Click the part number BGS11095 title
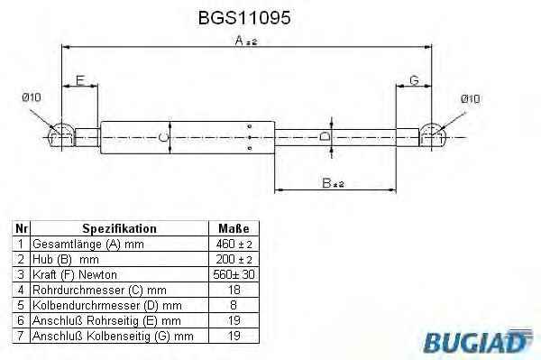(x=244, y=17)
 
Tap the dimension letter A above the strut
(x=240, y=41)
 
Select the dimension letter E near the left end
(x=80, y=80)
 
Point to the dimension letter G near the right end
(x=414, y=80)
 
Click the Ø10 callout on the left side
(x=32, y=97)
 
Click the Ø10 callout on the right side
(x=471, y=99)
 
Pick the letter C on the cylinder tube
(x=163, y=137)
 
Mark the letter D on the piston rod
(x=325, y=136)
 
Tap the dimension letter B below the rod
(x=326, y=183)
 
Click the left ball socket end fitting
(x=61, y=135)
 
